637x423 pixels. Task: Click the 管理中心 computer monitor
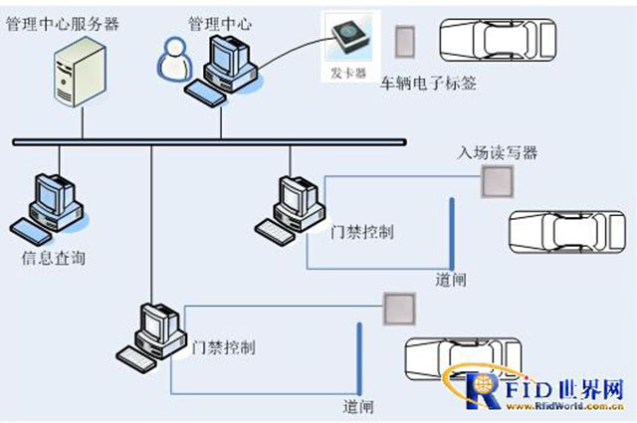click(226, 57)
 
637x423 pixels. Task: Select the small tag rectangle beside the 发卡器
click(405, 40)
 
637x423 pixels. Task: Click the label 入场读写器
click(497, 153)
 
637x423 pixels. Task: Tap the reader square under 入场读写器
click(494, 182)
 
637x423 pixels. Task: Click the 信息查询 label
click(53, 258)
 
